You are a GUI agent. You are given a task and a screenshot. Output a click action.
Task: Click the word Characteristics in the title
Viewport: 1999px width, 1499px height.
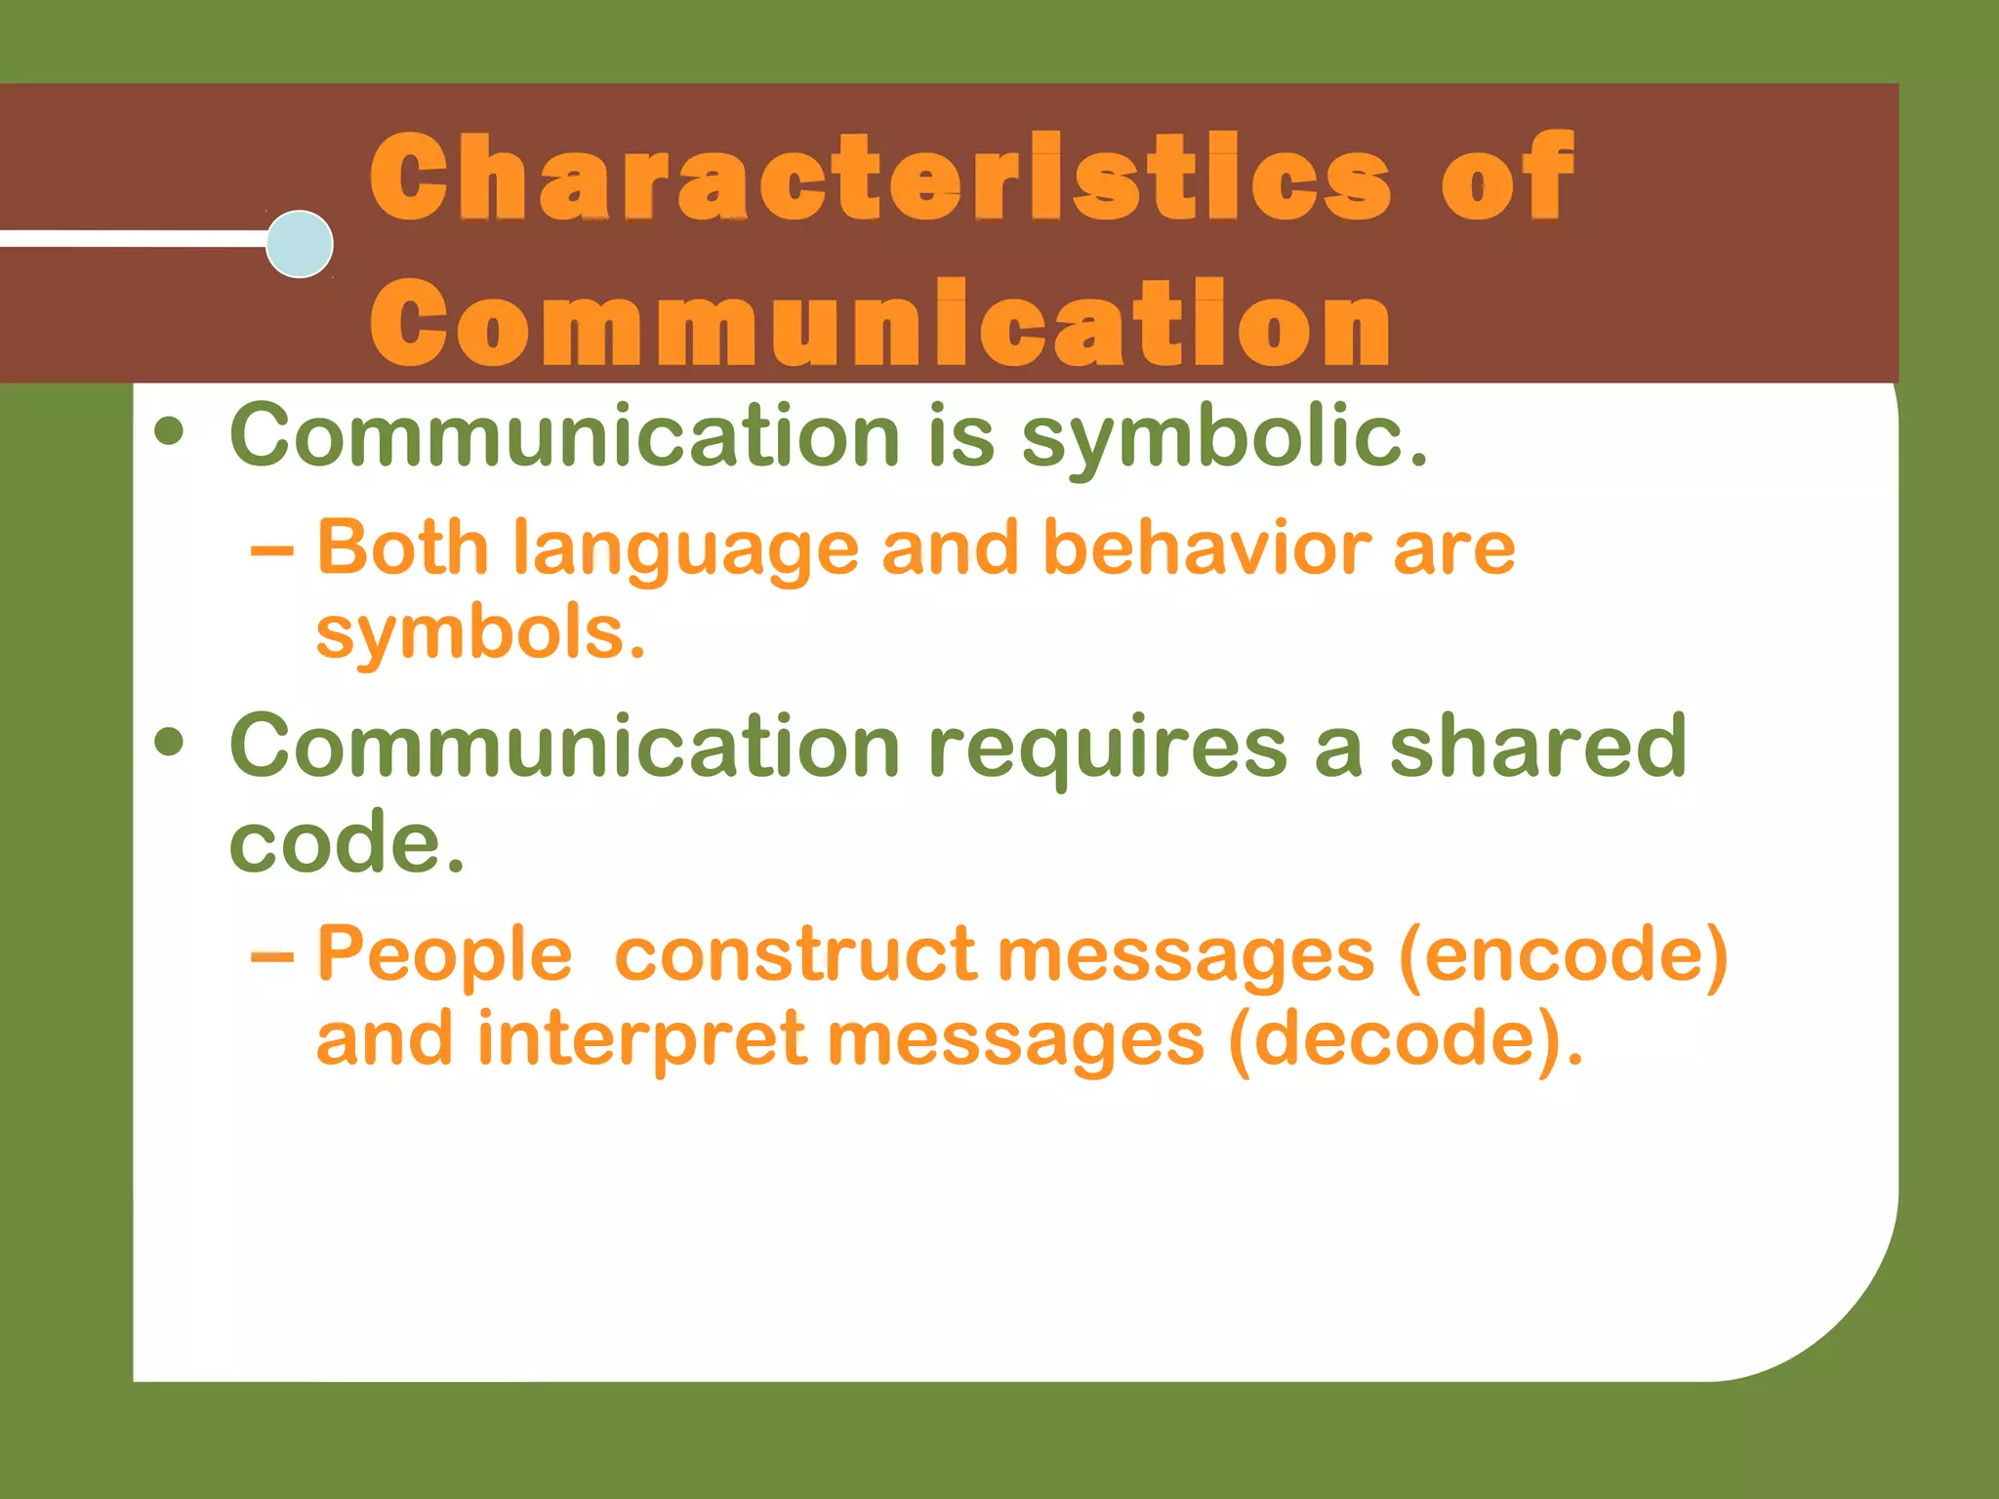coord(878,178)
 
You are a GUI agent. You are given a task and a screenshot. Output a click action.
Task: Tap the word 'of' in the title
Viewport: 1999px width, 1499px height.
coord(1508,178)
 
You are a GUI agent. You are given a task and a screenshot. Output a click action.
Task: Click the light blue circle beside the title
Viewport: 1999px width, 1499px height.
coord(300,244)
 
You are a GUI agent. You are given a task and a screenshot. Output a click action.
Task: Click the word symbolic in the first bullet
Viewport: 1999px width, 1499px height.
coord(1224,436)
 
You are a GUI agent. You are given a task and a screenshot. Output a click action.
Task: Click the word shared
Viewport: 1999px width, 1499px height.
coord(1537,746)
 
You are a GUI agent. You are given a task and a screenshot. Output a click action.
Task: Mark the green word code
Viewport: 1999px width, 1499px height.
coord(347,842)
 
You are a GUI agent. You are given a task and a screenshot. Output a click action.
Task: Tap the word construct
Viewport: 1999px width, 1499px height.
coord(795,953)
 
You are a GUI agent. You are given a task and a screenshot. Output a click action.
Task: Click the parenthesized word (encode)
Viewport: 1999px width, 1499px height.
coord(1563,954)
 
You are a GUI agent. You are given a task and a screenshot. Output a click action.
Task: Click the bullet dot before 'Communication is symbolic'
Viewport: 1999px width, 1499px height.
coord(169,431)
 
